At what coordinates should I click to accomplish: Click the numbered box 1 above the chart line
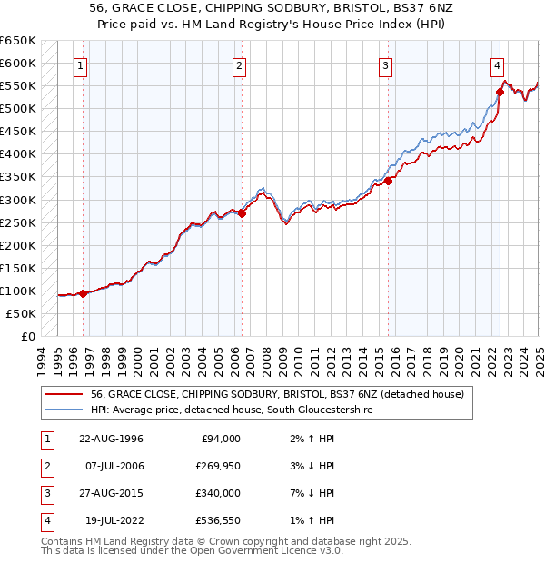tap(81, 65)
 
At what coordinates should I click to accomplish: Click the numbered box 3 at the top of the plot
tap(386, 65)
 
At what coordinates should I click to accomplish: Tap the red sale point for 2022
tap(500, 91)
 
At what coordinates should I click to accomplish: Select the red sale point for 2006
tap(243, 213)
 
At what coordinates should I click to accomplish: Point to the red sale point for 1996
tap(83, 293)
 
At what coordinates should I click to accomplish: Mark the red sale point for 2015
tap(388, 181)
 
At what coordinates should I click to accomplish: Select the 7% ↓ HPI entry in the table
tap(310, 494)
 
